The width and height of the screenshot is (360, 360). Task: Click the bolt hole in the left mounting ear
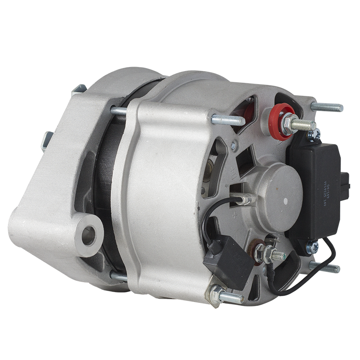pos(89,235)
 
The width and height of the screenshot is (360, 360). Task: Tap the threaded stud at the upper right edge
pos(326,107)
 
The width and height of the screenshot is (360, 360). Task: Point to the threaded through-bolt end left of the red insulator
pos(227,120)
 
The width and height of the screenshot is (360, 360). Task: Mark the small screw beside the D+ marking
pos(233,145)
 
